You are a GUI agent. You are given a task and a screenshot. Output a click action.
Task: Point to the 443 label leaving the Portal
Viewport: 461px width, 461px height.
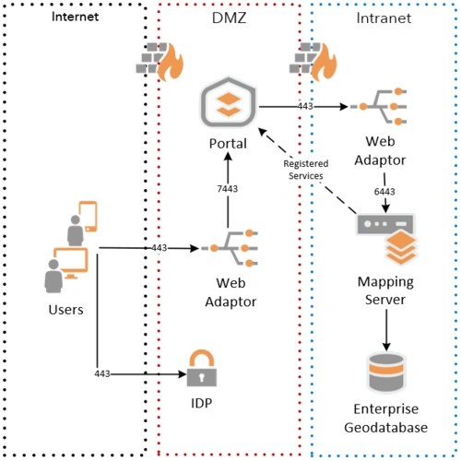point(305,107)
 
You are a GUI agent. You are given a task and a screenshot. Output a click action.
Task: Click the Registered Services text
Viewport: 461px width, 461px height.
point(306,170)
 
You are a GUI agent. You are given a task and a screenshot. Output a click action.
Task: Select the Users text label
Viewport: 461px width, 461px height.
point(65,309)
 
